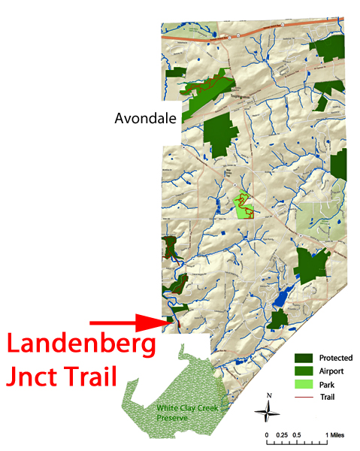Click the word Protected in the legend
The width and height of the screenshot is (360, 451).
pyautogui.click(x=335, y=358)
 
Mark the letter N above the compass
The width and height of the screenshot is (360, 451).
pyautogui.click(x=269, y=395)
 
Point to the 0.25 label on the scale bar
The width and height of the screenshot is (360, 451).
pyautogui.click(x=283, y=434)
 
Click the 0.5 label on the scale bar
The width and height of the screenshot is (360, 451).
pyautogui.click(x=298, y=434)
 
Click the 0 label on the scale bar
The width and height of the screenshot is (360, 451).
pyautogui.click(x=267, y=434)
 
